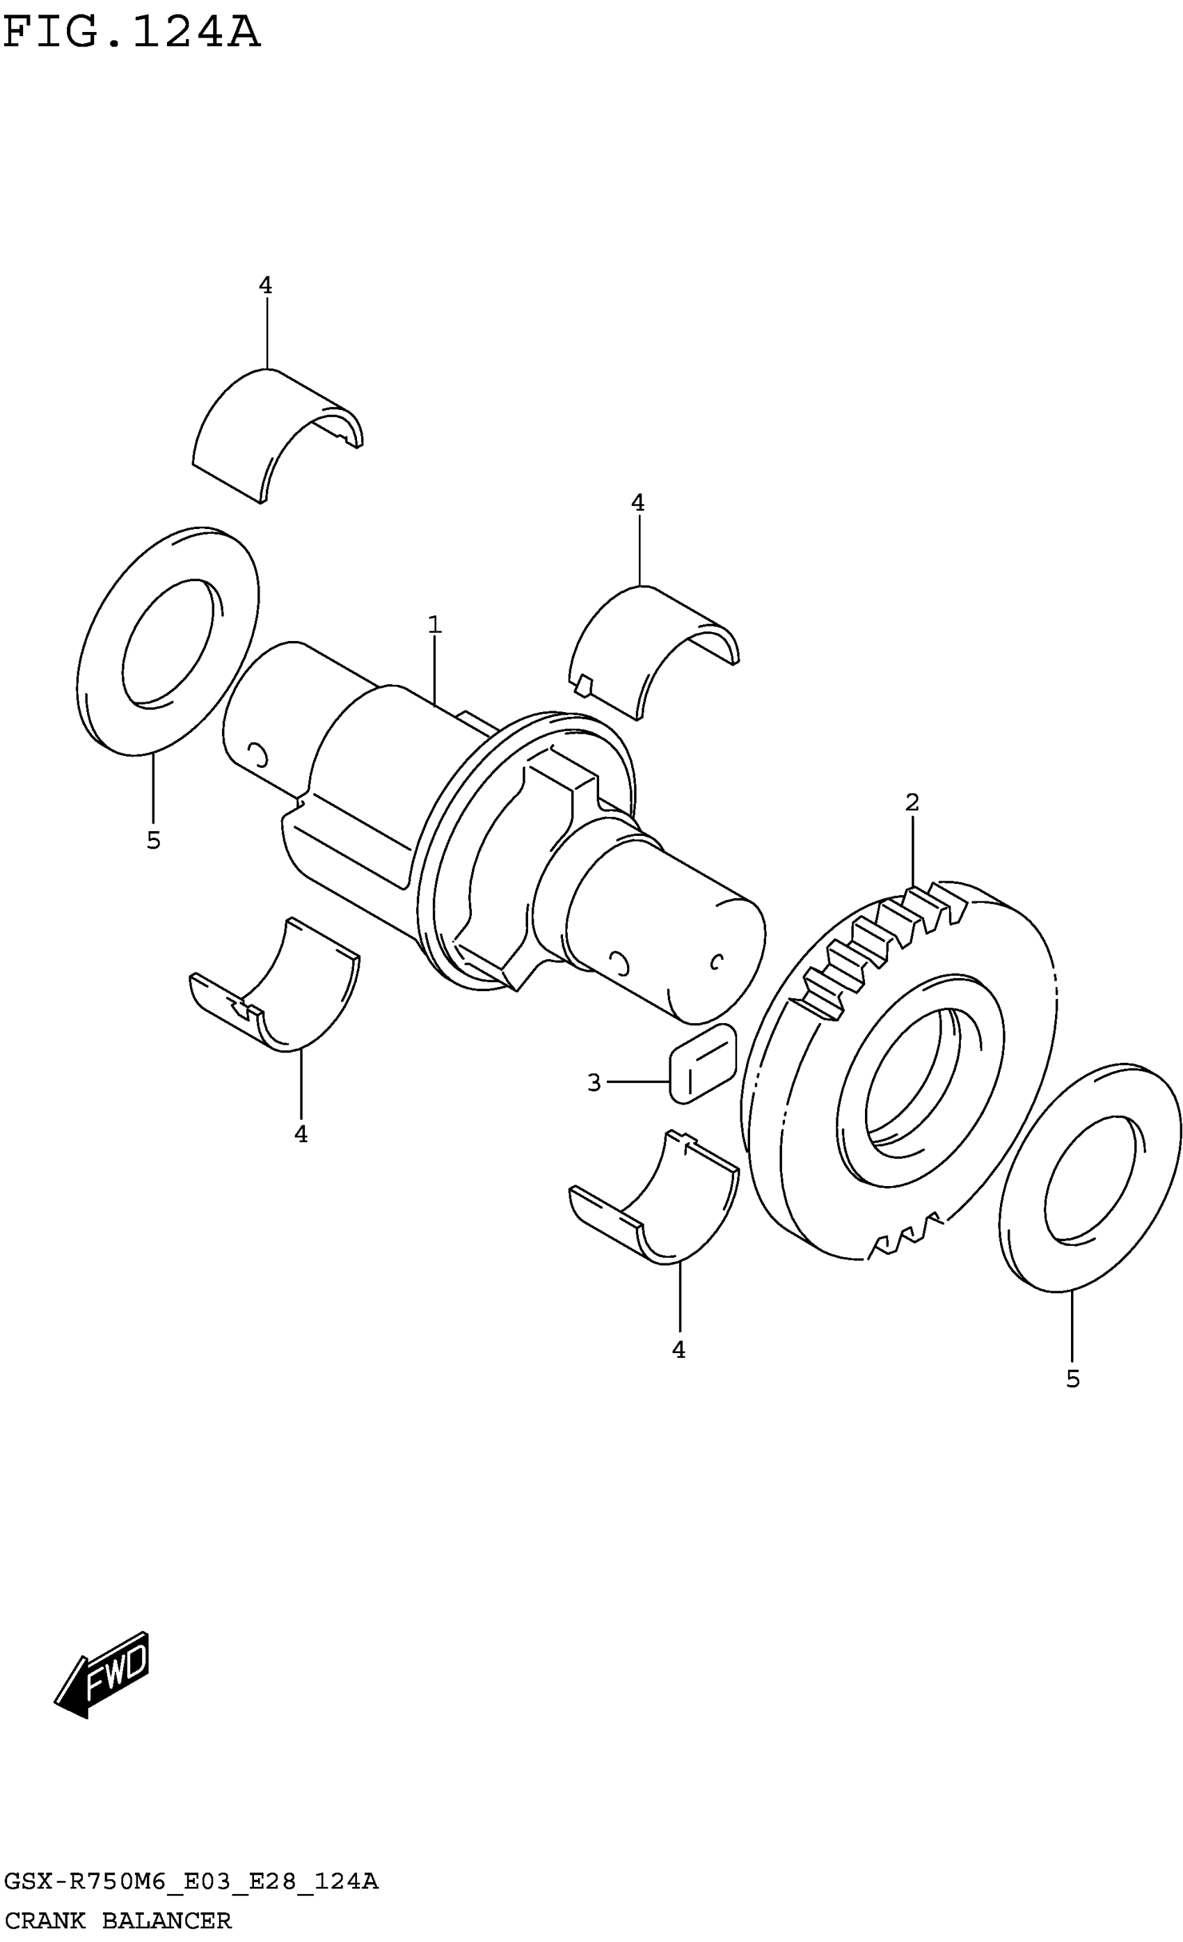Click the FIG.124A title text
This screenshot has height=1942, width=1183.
coord(131,33)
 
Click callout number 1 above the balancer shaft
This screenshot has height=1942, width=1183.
coord(434,625)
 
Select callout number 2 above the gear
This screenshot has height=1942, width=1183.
coord(912,803)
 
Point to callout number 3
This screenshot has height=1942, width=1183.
coord(594,1083)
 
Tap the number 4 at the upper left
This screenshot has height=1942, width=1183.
coord(266,285)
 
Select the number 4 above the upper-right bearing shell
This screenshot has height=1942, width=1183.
coord(637,502)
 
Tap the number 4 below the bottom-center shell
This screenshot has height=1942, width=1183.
coord(678,1350)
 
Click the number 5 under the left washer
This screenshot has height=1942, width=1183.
coord(154,840)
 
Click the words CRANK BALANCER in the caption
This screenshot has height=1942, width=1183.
coord(118,1920)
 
